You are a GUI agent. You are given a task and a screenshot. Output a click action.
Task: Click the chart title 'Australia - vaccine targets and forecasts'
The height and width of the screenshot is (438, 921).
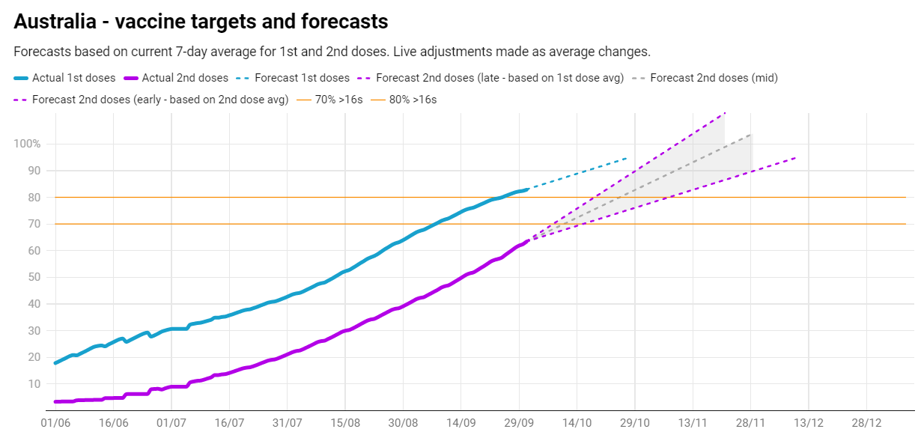tap(201, 22)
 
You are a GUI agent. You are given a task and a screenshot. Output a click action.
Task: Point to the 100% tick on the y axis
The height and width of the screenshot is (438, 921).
tap(28, 144)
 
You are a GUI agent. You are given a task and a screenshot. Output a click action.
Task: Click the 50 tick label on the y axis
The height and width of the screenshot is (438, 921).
tap(33, 277)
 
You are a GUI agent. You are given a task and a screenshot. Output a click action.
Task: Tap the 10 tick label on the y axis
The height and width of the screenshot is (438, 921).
tap(33, 384)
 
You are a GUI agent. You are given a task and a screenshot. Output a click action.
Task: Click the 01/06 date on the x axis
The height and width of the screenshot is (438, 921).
tap(55, 423)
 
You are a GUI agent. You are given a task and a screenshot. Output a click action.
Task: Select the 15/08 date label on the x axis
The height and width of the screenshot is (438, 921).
tap(345, 423)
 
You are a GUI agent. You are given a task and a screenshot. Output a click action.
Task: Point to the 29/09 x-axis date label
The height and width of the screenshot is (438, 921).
tap(519, 423)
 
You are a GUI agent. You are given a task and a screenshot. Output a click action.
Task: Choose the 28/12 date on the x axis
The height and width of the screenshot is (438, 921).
tap(866, 423)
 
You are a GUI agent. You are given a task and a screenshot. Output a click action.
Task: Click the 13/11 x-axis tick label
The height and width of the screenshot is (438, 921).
tap(693, 423)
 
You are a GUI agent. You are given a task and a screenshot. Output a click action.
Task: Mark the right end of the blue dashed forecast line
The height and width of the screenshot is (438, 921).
tap(627, 158)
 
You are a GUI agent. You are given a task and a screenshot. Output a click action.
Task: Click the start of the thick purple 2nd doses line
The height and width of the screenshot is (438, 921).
tap(56, 402)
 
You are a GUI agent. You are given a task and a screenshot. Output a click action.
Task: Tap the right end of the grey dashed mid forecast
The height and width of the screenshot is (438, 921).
tap(752, 135)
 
